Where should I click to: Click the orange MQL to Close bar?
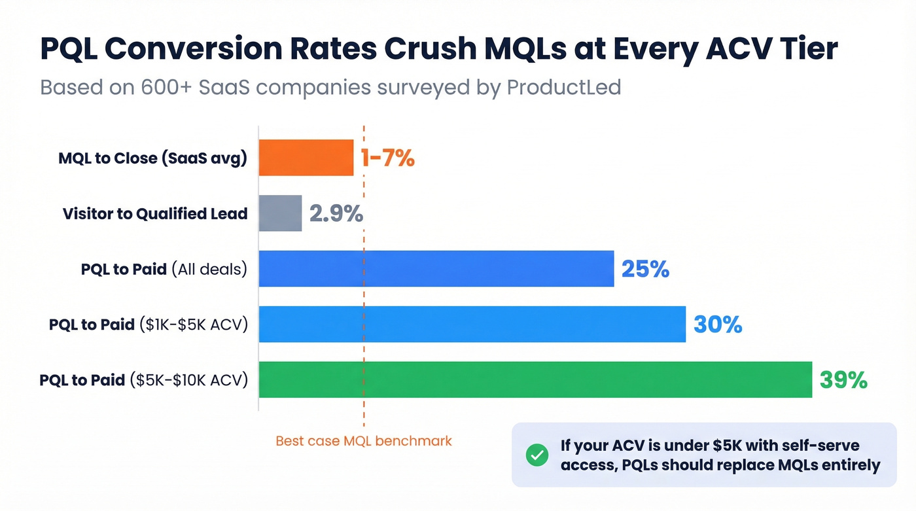coord(306,158)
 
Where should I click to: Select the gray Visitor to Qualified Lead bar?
coord(280,213)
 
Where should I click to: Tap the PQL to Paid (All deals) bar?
coord(436,269)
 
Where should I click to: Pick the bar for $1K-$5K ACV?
coord(472,324)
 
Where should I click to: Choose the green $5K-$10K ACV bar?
coord(535,379)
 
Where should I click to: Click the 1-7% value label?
coord(387,158)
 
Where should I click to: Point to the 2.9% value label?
coord(336,214)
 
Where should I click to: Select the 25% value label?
coord(645,269)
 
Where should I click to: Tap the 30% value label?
coord(718,325)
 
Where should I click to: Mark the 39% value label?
coord(843,379)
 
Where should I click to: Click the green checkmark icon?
coord(537,455)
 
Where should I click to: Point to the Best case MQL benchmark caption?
coord(364,441)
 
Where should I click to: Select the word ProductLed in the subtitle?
coord(564,87)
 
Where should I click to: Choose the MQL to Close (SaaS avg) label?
coord(152,158)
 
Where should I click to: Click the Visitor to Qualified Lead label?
coord(155,214)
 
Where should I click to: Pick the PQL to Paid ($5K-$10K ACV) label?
coord(143,380)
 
